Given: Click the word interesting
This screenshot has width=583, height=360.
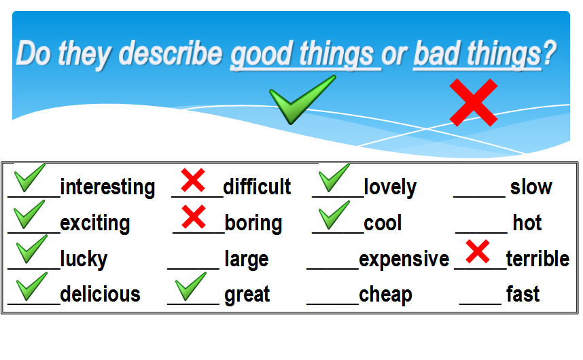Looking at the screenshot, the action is pos(107,187).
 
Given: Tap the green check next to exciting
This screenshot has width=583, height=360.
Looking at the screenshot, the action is pos(29,215).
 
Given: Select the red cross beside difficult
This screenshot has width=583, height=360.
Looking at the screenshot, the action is pos(193,180).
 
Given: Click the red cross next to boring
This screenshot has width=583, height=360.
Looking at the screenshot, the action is pos(194,216).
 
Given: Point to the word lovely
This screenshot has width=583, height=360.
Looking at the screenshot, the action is pos(390,187).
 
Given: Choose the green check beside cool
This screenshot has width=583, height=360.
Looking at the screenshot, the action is pos(334,215).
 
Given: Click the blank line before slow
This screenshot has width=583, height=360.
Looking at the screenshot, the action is pos(479,196).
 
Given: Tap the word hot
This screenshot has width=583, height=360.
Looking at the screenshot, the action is pos(527,223).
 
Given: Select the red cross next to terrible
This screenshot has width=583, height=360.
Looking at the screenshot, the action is pos(478,252).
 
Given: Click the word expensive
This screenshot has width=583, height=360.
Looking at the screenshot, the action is pos(404,259).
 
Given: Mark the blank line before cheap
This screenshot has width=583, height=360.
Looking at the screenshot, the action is pos(333,304).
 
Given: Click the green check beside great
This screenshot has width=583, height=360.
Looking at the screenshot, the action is pos(191,287).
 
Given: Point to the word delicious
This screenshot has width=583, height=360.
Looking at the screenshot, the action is pos(101,294).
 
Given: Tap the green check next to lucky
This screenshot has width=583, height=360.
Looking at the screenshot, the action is pos(32,249).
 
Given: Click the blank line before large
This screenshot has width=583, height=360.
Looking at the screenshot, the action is pos(194,268).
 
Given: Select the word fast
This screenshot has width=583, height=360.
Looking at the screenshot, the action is pos(523,294).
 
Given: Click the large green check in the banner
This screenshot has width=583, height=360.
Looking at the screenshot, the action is pos(302,100).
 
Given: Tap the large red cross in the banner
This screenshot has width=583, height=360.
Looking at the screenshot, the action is pos(474,103).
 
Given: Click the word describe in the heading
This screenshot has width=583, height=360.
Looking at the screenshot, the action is pos(171,54).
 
